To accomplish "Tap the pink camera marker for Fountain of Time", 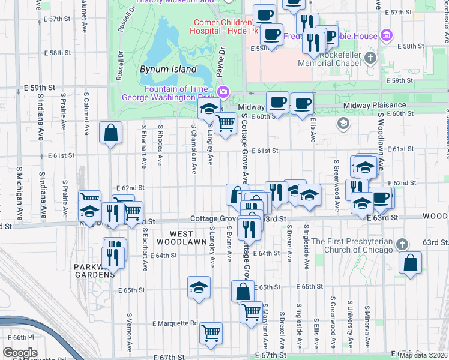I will tap(223, 92).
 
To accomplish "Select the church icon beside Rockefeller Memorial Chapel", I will tap(370, 58).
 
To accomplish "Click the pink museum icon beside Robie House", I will tap(387, 36).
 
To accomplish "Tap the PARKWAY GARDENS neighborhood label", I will tap(94, 271).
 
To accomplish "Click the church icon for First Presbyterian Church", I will tap(402, 244).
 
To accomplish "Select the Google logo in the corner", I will tap(20, 353).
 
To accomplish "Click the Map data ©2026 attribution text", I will tap(423, 355).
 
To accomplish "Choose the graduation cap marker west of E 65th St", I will tap(199, 287).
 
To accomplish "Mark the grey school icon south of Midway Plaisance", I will tap(343, 124).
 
